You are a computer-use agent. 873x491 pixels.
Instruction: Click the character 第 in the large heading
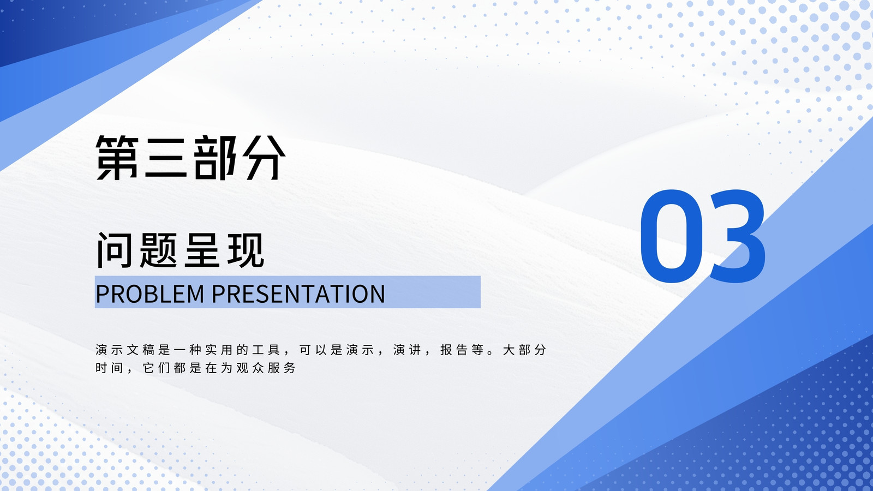(117, 158)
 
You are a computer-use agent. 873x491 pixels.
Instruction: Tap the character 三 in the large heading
(165, 158)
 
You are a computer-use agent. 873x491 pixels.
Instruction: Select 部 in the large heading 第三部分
(215, 158)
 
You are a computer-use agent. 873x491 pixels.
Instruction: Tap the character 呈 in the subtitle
(202, 250)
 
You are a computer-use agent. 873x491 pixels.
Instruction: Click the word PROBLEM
(150, 294)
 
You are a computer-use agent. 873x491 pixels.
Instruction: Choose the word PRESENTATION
(298, 294)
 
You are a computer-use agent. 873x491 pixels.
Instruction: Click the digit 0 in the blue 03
(671, 236)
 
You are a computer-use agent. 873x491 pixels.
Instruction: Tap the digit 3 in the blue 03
(737, 236)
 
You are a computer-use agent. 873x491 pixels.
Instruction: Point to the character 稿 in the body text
(148, 350)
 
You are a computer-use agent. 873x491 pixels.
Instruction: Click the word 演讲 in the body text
(407, 350)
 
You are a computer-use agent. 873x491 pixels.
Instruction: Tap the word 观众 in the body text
(250, 368)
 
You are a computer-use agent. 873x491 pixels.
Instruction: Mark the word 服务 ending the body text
(282, 368)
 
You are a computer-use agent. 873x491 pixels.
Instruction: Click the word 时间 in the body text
(110, 368)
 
